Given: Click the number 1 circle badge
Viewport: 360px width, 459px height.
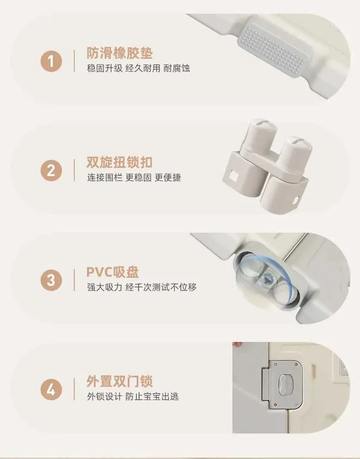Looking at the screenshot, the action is [51, 61].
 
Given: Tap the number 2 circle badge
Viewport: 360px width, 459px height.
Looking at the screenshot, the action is [51, 170].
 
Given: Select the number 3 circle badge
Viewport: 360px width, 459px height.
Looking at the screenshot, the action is [51, 280].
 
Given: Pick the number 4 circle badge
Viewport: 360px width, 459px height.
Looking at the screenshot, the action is [51, 390].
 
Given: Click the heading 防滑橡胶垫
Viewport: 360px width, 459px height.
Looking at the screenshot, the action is [119, 53].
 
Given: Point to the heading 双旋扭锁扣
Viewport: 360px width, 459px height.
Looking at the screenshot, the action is [119, 162].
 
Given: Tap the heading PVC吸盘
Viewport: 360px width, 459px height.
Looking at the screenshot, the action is [113, 272].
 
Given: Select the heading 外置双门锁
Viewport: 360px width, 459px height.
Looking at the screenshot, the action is [119, 381].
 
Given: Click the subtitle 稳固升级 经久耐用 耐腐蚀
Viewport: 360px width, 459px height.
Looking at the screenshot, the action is [139, 68].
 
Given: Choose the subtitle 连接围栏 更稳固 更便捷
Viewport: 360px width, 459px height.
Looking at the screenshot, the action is [134, 178].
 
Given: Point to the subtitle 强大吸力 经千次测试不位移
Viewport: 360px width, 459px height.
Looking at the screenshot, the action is [142, 287].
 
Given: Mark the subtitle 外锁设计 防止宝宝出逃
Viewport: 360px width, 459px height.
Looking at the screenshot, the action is [133, 397].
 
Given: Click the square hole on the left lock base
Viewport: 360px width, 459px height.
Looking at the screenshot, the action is [234, 176].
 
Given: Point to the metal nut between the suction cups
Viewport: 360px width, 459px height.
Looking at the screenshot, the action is [267, 277].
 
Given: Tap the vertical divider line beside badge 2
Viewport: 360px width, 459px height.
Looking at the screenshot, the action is [74, 170].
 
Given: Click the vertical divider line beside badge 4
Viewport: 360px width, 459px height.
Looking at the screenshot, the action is [74, 389].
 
